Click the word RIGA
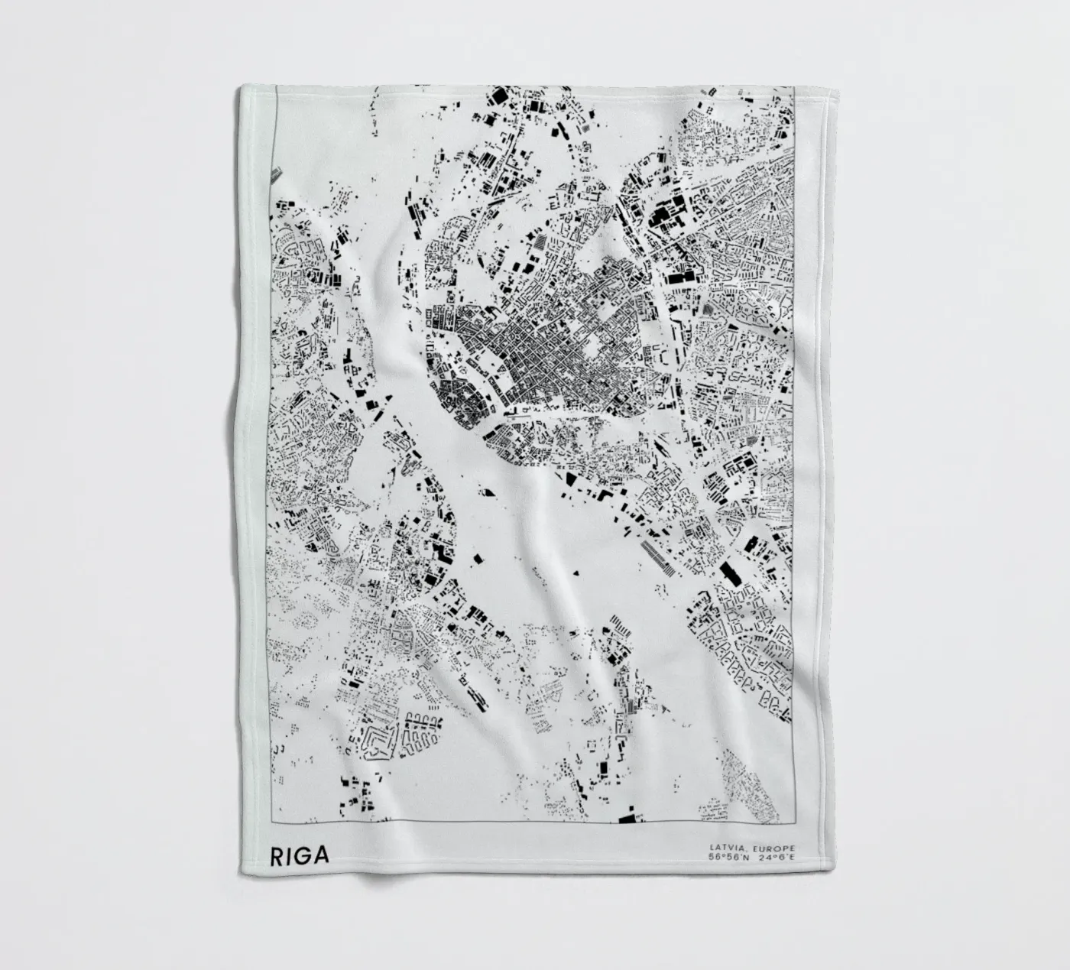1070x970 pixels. coord(300,855)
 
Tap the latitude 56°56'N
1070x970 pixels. coord(729,858)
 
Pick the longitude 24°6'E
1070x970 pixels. coord(777,858)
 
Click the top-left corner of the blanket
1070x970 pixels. coord(243,86)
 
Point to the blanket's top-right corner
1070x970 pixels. coord(818,86)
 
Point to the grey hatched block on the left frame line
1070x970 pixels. coord(274,175)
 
